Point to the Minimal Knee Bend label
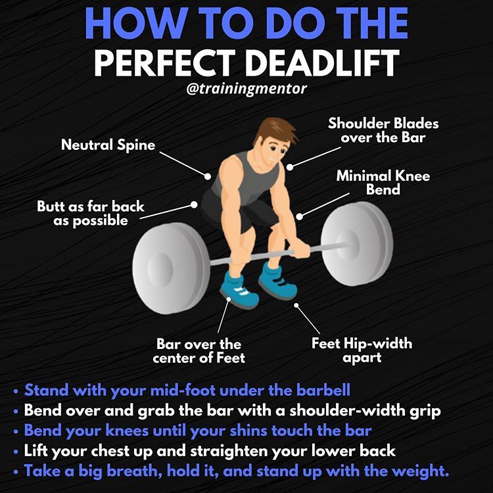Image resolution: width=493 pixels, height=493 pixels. (x=374, y=183)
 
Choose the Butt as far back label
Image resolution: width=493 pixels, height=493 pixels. (x=90, y=214)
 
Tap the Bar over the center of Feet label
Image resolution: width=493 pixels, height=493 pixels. (x=199, y=351)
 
